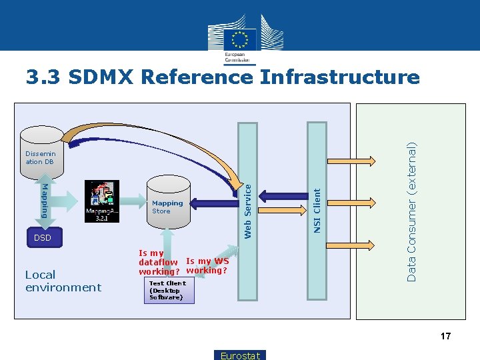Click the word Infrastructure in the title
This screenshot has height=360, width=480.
click(340, 77)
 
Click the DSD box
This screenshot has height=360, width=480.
click(43, 238)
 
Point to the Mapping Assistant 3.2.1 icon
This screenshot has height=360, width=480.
click(102, 201)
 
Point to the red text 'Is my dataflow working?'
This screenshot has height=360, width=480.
click(157, 262)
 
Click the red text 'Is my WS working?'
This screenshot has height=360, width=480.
click(207, 266)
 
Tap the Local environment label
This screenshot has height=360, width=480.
click(63, 281)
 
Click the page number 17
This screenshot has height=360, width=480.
click(445, 337)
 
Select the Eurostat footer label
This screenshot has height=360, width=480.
click(240, 355)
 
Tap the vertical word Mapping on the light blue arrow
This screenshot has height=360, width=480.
click(45, 200)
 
